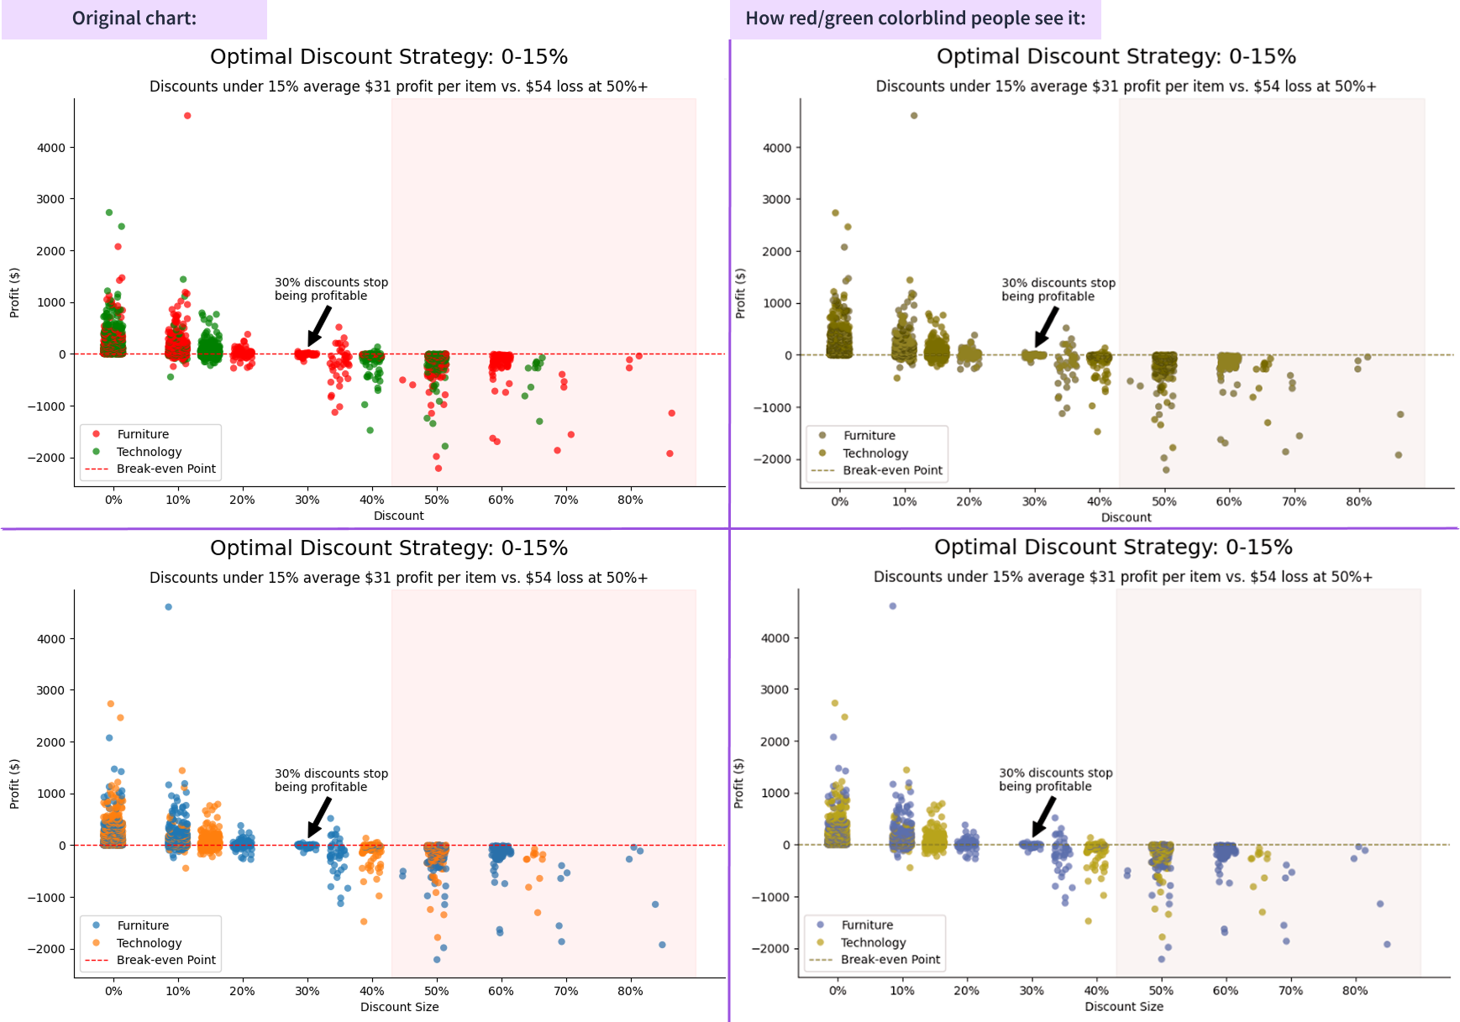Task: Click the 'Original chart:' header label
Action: [134, 18]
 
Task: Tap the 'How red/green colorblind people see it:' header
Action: [915, 18]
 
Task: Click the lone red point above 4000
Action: [187, 116]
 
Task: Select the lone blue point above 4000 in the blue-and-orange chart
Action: [168, 606]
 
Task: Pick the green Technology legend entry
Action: [148, 452]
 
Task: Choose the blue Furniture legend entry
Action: [142, 925]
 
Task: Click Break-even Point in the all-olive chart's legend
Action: [892, 470]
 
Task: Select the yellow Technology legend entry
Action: [873, 942]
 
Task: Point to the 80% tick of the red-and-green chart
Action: [630, 500]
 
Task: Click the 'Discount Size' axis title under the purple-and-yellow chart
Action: [1123, 1006]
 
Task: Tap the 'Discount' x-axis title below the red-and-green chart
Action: [398, 516]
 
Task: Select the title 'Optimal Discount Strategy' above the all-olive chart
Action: [1116, 56]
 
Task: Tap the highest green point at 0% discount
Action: [109, 212]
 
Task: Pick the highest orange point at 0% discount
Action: [110, 704]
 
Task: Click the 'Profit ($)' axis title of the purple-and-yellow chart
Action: [738, 783]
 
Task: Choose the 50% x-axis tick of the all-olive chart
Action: [1163, 501]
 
